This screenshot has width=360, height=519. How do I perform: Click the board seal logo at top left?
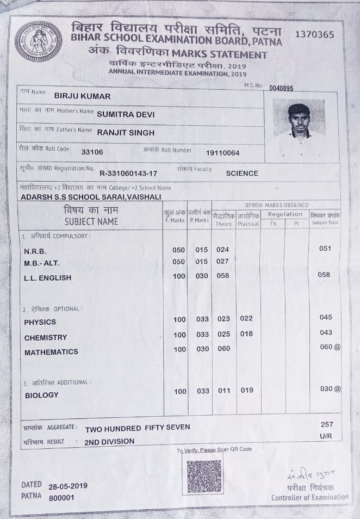[38, 41]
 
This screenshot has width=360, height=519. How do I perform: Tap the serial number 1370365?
[314, 34]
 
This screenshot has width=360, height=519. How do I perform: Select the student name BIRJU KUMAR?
[82, 96]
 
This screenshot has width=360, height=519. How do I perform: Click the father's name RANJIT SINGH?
[126, 132]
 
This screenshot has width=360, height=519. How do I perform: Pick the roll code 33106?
[92, 152]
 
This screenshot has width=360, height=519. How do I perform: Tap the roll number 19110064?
[222, 153]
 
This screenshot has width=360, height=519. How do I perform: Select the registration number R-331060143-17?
[128, 174]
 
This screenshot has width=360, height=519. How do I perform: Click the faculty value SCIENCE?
[242, 174]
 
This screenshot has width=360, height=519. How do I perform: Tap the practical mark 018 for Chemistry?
[246, 334]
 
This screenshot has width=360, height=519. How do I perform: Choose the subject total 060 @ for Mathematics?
[330, 347]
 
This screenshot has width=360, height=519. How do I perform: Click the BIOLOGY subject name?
[41, 396]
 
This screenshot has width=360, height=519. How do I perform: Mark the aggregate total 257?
[327, 424]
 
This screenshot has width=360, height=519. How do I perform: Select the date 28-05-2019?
[67, 486]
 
